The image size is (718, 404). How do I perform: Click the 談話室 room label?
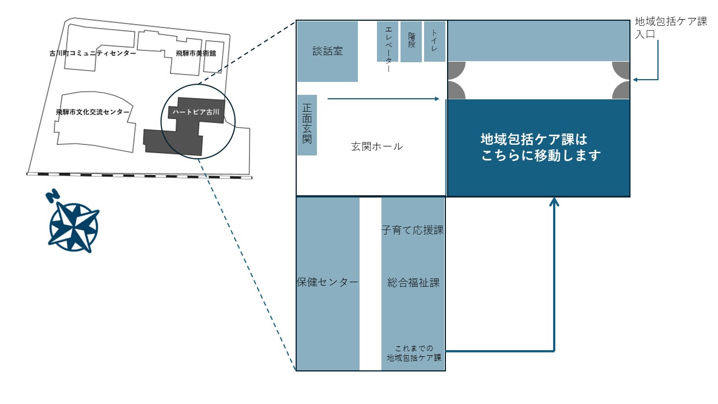point(328,51)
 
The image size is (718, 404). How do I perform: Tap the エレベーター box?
point(388,42)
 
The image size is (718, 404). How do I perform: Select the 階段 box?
point(412,42)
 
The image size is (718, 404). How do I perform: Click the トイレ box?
point(435,42)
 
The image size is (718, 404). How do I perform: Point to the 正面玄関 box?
point(307,124)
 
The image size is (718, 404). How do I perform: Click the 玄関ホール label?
point(377,146)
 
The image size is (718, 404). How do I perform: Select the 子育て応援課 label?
point(413,230)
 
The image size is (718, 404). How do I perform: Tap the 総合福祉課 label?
point(413,283)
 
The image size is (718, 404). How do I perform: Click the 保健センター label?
point(328,282)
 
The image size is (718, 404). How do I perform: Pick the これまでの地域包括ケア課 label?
point(414,352)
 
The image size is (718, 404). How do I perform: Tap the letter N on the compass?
point(53,196)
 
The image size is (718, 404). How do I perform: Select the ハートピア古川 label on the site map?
point(195,112)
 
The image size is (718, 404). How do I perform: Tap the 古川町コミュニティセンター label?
point(93,54)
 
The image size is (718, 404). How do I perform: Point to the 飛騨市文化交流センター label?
point(93,112)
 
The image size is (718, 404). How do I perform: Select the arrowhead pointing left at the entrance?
point(636,80)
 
